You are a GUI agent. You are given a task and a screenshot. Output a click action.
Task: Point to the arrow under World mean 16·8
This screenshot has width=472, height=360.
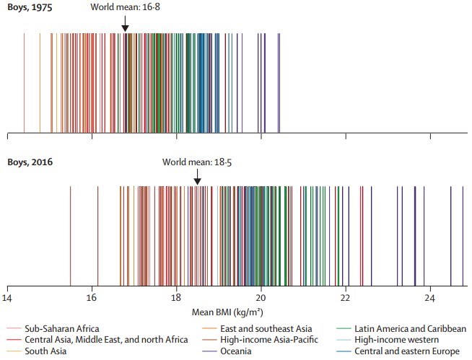click(125, 25)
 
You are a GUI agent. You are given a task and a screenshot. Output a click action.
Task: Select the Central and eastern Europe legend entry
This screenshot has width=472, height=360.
click(408, 351)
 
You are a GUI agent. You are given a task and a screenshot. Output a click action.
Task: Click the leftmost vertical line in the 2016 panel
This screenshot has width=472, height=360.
click(70, 231)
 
